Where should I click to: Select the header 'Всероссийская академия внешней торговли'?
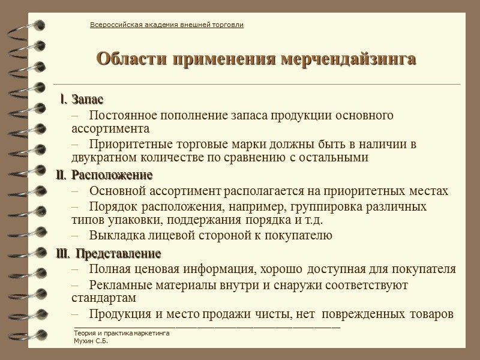coord(166,25)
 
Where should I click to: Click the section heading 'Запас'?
coord(87,99)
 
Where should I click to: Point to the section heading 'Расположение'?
coord(112,175)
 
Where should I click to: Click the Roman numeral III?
coord(62,253)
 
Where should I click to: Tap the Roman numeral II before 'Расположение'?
coord(62,175)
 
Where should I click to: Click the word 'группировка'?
coord(329,207)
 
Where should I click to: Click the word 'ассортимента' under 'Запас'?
coord(110,128)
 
